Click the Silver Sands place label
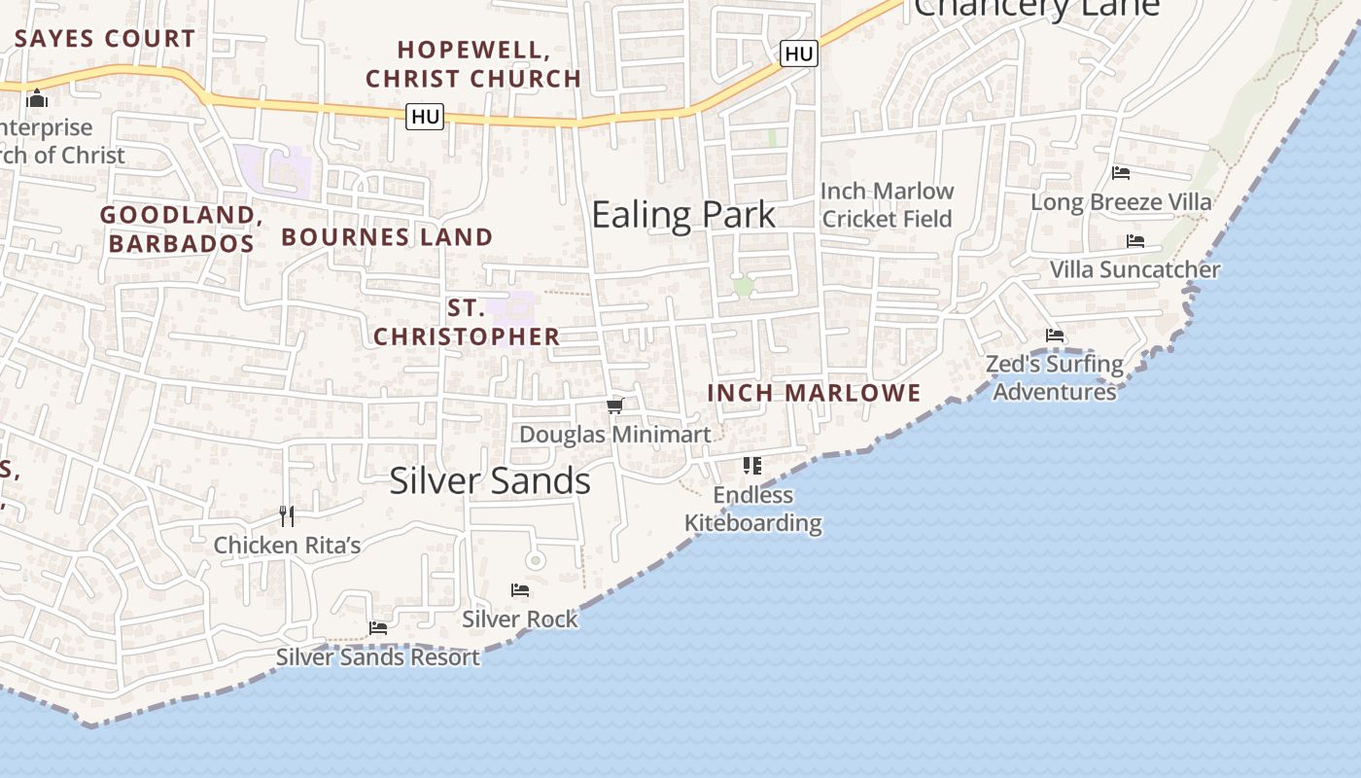point(490,480)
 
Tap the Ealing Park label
point(683,215)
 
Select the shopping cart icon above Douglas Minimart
point(614,406)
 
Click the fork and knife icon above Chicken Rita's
point(286,515)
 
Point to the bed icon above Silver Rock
point(520,590)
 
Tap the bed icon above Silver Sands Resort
point(378,628)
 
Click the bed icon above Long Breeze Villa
point(1121,173)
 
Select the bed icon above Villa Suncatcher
point(1134,241)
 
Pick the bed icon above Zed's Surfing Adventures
point(1055,336)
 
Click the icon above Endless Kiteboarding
point(752,466)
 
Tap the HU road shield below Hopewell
point(426,117)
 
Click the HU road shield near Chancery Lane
point(798,53)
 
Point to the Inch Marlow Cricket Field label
point(888,204)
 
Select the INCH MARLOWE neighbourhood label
point(814,393)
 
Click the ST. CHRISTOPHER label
point(467,322)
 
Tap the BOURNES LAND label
point(387,236)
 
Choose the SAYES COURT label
point(105,39)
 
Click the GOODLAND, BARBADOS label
point(181,229)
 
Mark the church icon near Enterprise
point(37,98)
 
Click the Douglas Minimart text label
point(615,435)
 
